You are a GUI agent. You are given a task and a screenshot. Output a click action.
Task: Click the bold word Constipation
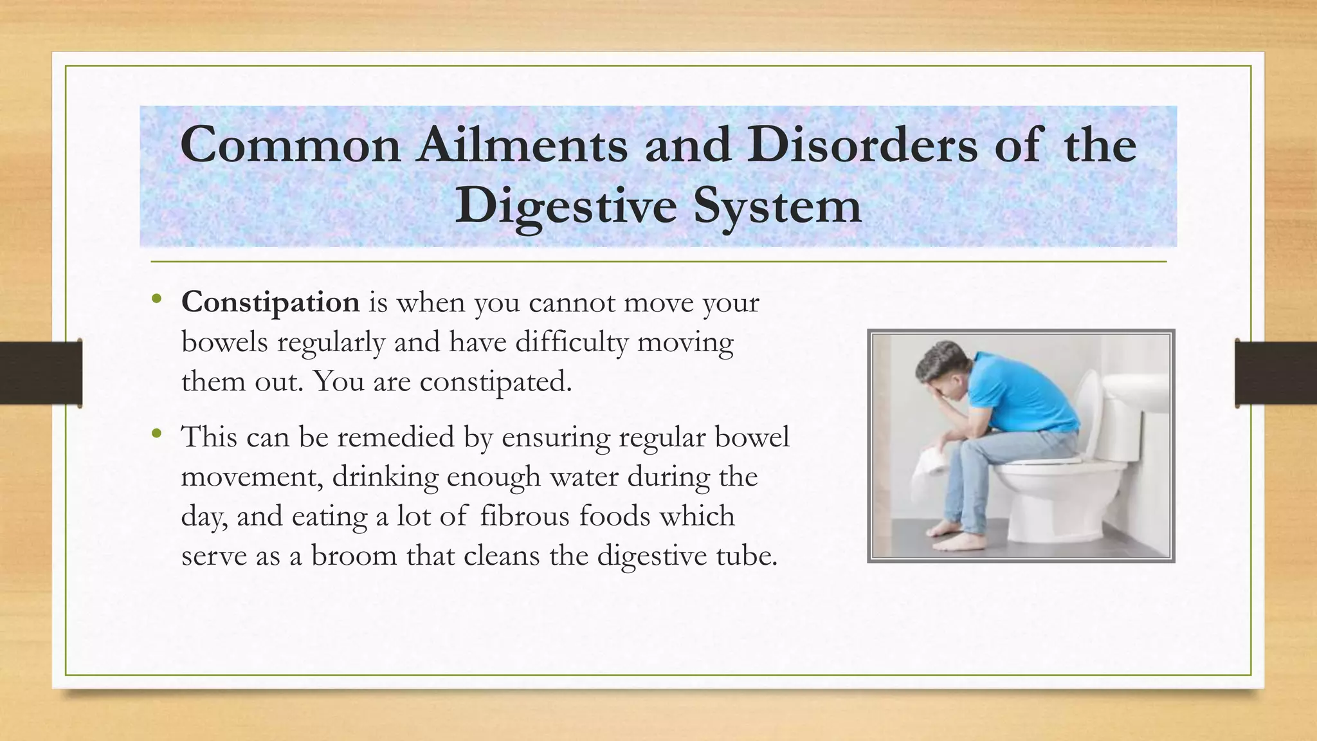270,302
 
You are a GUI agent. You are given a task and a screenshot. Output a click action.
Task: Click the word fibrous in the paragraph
524,517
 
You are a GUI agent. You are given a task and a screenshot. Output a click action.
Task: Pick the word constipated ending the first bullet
495,382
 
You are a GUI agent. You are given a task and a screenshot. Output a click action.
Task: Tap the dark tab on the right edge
1276,373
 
